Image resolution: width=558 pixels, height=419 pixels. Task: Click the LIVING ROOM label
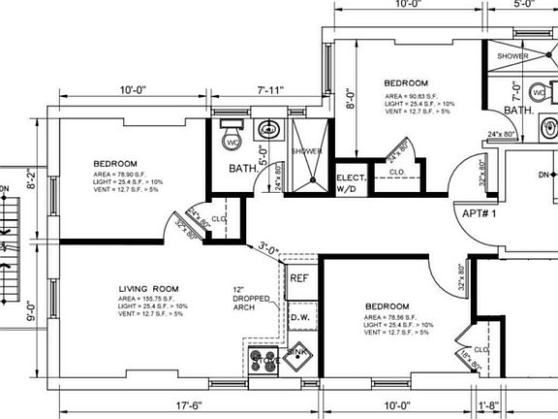tap(149, 289)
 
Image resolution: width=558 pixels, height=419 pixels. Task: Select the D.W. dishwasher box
tap(299, 317)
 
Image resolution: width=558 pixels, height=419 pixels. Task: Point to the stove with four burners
tap(263, 360)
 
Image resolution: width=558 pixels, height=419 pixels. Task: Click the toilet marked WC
tap(231, 139)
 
